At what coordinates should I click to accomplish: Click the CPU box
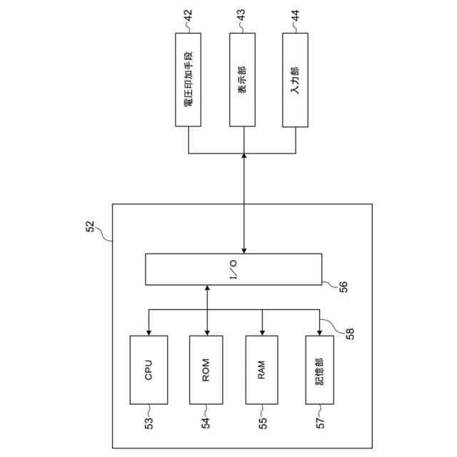coord(149,370)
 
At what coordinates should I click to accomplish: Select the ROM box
coord(207,370)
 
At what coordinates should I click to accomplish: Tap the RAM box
coord(262,370)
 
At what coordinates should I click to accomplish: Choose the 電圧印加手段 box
coord(188,79)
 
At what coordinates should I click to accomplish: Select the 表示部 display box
coord(244,79)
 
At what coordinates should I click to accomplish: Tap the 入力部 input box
coord(296,79)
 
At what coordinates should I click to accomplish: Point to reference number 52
coord(90,228)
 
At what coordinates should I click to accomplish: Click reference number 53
coord(148,422)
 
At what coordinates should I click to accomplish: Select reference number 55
coord(263,422)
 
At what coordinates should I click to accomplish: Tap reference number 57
coord(319,422)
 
